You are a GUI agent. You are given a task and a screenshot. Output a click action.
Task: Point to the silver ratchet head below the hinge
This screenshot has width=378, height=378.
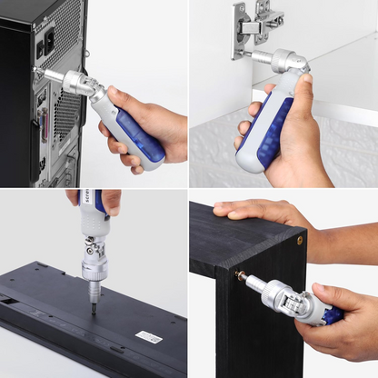tap(292, 64)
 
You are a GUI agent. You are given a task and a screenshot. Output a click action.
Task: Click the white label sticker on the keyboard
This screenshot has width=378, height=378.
tap(149, 336)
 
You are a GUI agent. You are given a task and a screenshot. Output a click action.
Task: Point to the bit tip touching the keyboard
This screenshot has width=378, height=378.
tap(94, 310)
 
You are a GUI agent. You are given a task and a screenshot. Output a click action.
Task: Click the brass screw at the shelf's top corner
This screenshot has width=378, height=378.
tap(300, 240)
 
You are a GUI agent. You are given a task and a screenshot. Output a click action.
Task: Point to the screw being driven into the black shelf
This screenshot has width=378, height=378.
tap(240, 275)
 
